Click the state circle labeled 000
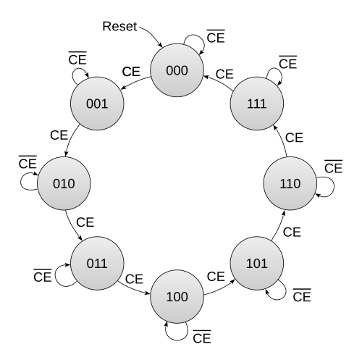pos(177,70)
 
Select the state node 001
pos(97,104)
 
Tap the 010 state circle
pos(64,183)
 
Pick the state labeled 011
pos(97,263)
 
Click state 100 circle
pos(177,296)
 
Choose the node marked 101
pos(257,263)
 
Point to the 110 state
pos(290,183)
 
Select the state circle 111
pos(257,104)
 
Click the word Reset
pos(119,26)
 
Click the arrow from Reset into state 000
pos(153,34)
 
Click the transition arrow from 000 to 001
pos(135,82)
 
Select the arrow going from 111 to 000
pos(219,82)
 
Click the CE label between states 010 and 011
pos(85,222)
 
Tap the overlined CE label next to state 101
pos(302,296)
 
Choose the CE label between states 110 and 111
pos(294,138)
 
